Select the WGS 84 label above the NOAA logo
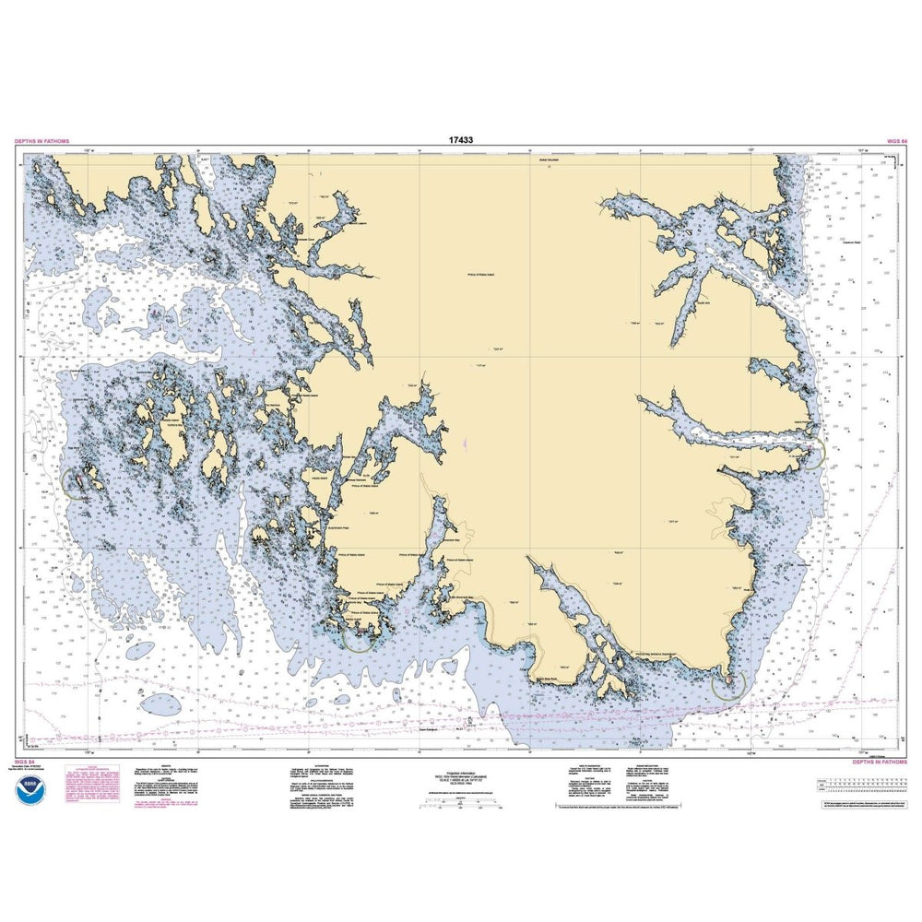point(25,763)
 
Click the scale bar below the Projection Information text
point(461,802)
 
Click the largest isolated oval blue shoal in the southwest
point(140,650)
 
